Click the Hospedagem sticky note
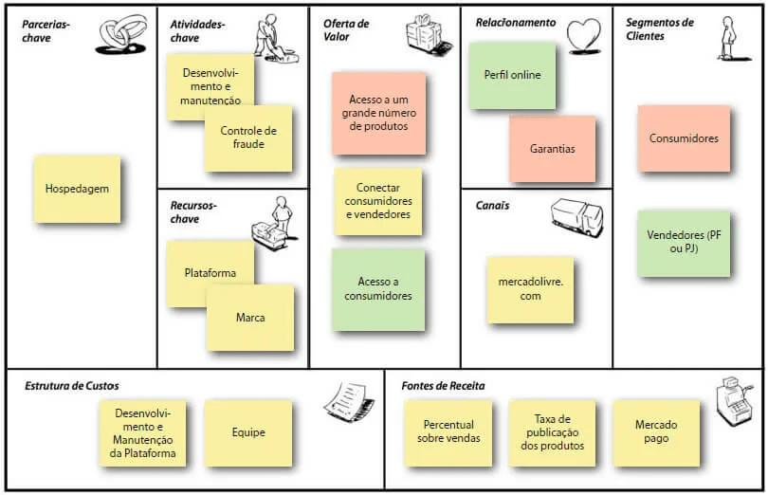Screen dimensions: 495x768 77,189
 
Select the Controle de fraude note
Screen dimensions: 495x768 248,138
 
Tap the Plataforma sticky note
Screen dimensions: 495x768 210,273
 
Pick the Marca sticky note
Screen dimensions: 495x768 250,318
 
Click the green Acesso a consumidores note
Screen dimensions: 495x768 378,289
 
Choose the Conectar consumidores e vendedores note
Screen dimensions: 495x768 377,202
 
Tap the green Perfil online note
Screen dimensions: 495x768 512,75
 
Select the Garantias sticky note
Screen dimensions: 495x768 552,149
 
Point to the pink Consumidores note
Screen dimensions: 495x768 684,138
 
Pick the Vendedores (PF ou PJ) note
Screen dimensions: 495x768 684,243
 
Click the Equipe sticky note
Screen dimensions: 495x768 248,432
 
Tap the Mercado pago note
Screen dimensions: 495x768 656,432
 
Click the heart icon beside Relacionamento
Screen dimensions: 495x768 584,35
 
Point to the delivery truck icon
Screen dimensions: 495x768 576,217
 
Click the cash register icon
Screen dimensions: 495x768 732,405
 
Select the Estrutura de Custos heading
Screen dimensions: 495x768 72,386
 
